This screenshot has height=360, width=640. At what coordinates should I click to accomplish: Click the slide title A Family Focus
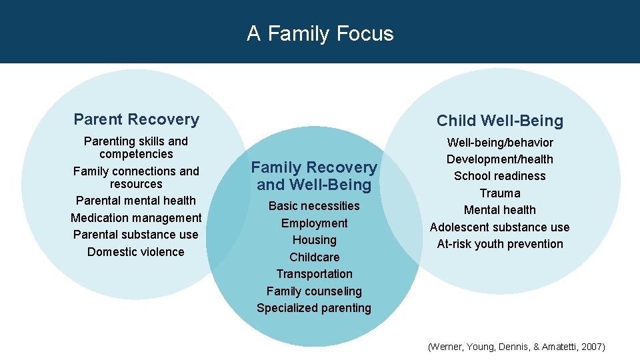click(320, 33)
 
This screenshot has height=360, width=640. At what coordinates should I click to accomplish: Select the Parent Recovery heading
click(136, 119)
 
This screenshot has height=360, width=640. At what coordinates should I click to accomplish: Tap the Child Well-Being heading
click(499, 121)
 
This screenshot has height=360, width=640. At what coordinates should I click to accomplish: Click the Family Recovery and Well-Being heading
click(313, 176)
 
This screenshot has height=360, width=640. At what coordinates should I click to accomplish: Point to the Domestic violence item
click(135, 251)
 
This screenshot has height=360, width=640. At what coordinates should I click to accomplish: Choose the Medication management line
click(136, 217)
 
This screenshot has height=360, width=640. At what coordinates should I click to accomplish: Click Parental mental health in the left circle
click(136, 201)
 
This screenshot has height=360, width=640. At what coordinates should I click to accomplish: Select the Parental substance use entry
click(136, 235)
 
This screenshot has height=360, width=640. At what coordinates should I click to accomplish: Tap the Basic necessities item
click(314, 206)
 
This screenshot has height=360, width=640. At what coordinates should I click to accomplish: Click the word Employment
click(314, 223)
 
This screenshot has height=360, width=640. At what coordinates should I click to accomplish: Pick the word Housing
click(314, 240)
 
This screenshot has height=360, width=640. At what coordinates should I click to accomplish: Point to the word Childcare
click(314, 257)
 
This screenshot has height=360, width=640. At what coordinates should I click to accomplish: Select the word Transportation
click(314, 274)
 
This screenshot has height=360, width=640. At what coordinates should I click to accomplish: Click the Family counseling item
click(314, 291)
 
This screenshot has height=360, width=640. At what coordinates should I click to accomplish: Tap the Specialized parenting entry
click(314, 308)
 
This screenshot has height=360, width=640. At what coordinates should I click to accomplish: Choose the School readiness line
click(499, 176)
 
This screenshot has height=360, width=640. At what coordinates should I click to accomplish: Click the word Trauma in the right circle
click(499, 193)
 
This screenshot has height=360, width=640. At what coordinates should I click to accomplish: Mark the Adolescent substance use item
click(499, 227)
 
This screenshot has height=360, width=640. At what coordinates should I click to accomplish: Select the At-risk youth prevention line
click(499, 244)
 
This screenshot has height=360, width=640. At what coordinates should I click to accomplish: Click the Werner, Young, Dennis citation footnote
click(516, 347)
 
